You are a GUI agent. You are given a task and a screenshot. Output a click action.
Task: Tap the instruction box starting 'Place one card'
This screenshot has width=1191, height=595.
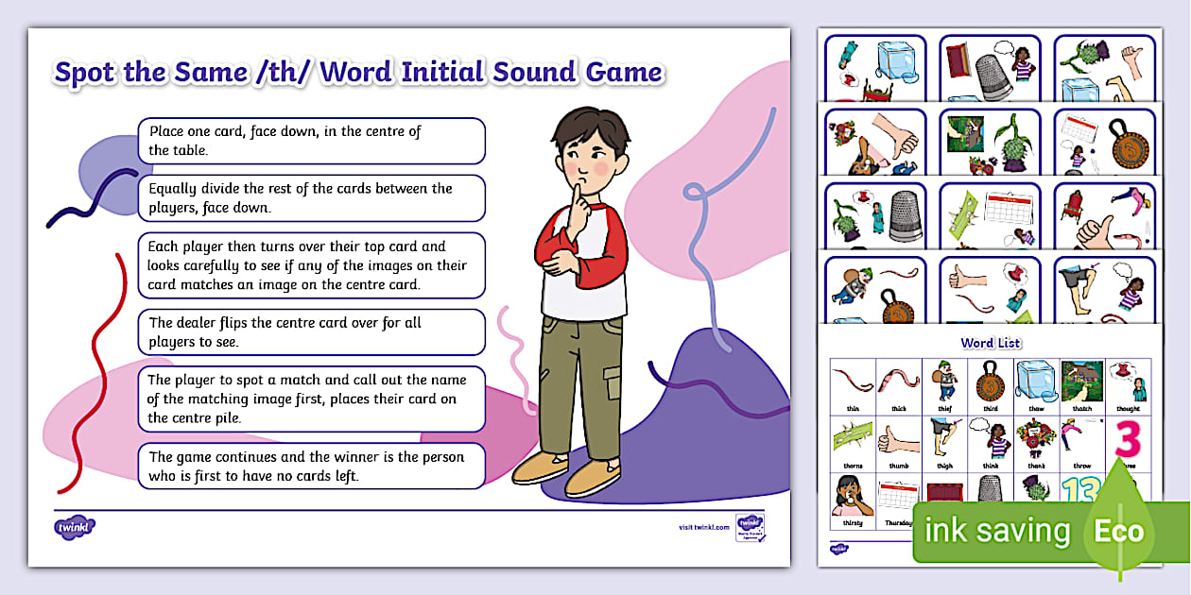311,141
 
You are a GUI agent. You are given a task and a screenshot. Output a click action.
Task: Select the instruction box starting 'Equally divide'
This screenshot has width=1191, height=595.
311,198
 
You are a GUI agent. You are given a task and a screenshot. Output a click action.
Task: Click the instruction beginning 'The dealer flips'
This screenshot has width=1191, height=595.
311,332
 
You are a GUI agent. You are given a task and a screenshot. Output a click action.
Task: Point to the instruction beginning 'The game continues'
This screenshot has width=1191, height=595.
311,467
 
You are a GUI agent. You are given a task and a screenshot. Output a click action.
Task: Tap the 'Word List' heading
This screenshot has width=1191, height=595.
990,343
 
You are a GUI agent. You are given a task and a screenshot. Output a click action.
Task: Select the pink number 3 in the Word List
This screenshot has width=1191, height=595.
1128,440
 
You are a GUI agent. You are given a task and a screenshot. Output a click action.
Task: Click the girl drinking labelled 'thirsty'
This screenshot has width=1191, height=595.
852,497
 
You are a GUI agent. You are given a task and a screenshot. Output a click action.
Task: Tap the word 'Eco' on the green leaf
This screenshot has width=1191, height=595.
1119,531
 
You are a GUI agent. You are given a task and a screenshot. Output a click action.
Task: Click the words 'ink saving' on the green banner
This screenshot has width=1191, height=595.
997,531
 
